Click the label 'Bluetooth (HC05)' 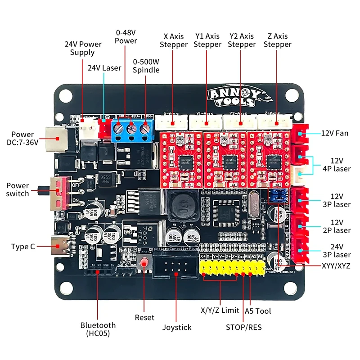(x=98, y=329)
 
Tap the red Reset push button (x=144, y=264)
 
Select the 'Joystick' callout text (x=176, y=327)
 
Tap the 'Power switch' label (x=18, y=189)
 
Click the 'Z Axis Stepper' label (x=277, y=40)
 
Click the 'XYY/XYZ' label (x=336, y=266)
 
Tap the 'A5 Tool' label (x=258, y=310)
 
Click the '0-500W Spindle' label (x=146, y=66)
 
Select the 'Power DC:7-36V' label (x=22, y=139)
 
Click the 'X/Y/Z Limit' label (x=220, y=310)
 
